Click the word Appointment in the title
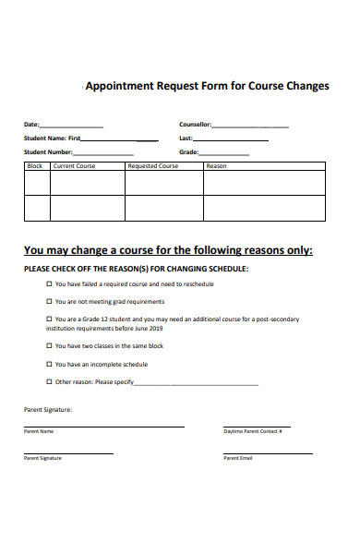118,86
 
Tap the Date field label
31,125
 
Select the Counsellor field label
195,125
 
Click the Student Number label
48,152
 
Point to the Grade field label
188,152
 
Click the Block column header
36,166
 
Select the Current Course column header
75,166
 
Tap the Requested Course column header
153,166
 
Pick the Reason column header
216,166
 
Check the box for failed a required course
49,284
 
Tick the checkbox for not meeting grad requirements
49,302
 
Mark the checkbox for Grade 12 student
49,319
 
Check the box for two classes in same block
49,346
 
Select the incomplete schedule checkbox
49,364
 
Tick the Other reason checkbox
49,381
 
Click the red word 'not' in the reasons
82,302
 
